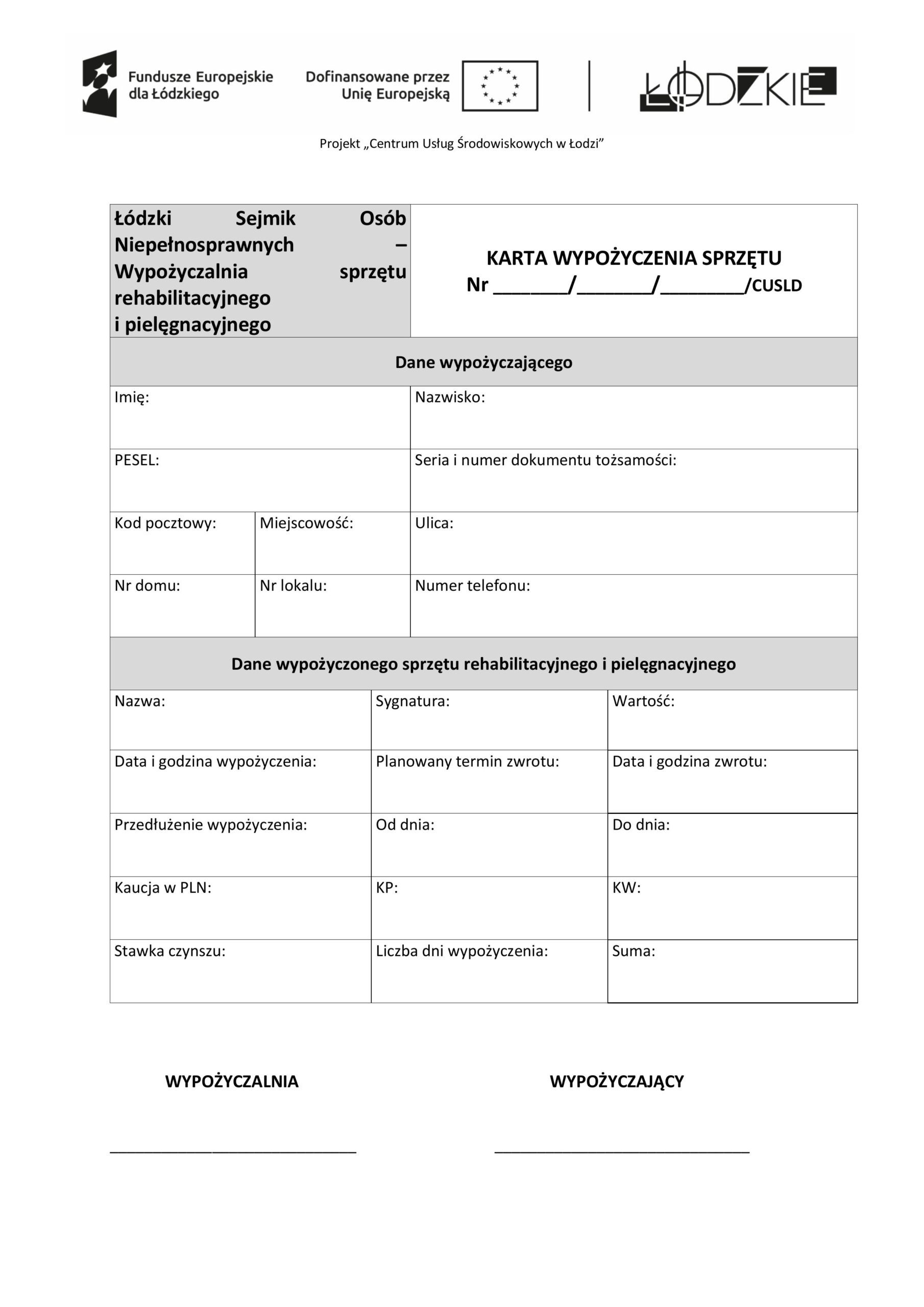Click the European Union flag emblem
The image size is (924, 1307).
[x=499, y=86]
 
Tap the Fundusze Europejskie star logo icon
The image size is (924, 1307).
[x=100, y=84]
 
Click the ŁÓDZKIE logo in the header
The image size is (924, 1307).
[x=738, y=86]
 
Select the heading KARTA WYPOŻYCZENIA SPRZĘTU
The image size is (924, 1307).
[x=633, y=258]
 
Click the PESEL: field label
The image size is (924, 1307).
[x=137, y=460]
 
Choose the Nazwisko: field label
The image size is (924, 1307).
[x=450, y=397]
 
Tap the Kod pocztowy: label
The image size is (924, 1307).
[x=165, y=523]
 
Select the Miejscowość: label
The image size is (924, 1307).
[x=306, y=523]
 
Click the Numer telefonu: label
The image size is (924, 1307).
[x=472, y=585]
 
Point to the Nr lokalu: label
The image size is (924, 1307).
[x=293, y=585]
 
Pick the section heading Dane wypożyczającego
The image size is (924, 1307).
[x=483, y=362]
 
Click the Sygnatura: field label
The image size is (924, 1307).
[x=412, y=701]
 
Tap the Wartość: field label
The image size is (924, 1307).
[x=643, y=701]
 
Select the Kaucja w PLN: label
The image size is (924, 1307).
[x=163, y=887]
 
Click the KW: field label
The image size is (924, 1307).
[x=626, y=887]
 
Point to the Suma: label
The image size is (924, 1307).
[x=633, y=951]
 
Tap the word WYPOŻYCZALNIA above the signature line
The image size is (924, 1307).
[x=232, y=1081]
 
